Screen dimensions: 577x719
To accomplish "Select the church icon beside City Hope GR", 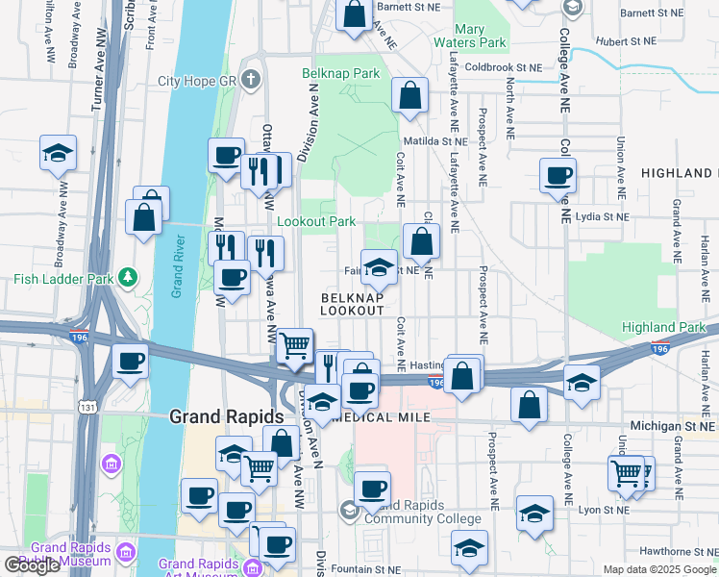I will click(251, 79).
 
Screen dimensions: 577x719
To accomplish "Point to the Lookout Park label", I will click(316, 221).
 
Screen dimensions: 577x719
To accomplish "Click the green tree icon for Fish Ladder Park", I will click(127, 279).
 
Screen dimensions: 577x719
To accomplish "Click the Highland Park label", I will click(663, 328).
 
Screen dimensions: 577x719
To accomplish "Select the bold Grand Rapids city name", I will click(227, 416).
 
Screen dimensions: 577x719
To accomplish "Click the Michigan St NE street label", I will click(673, 425).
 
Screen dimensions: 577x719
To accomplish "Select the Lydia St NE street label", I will click(601, 217).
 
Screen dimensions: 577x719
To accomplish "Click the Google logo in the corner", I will click(32, 565).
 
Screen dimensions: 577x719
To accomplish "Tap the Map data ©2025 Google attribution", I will click(659, 569).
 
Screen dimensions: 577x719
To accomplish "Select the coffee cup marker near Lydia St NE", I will click(558, 175).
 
